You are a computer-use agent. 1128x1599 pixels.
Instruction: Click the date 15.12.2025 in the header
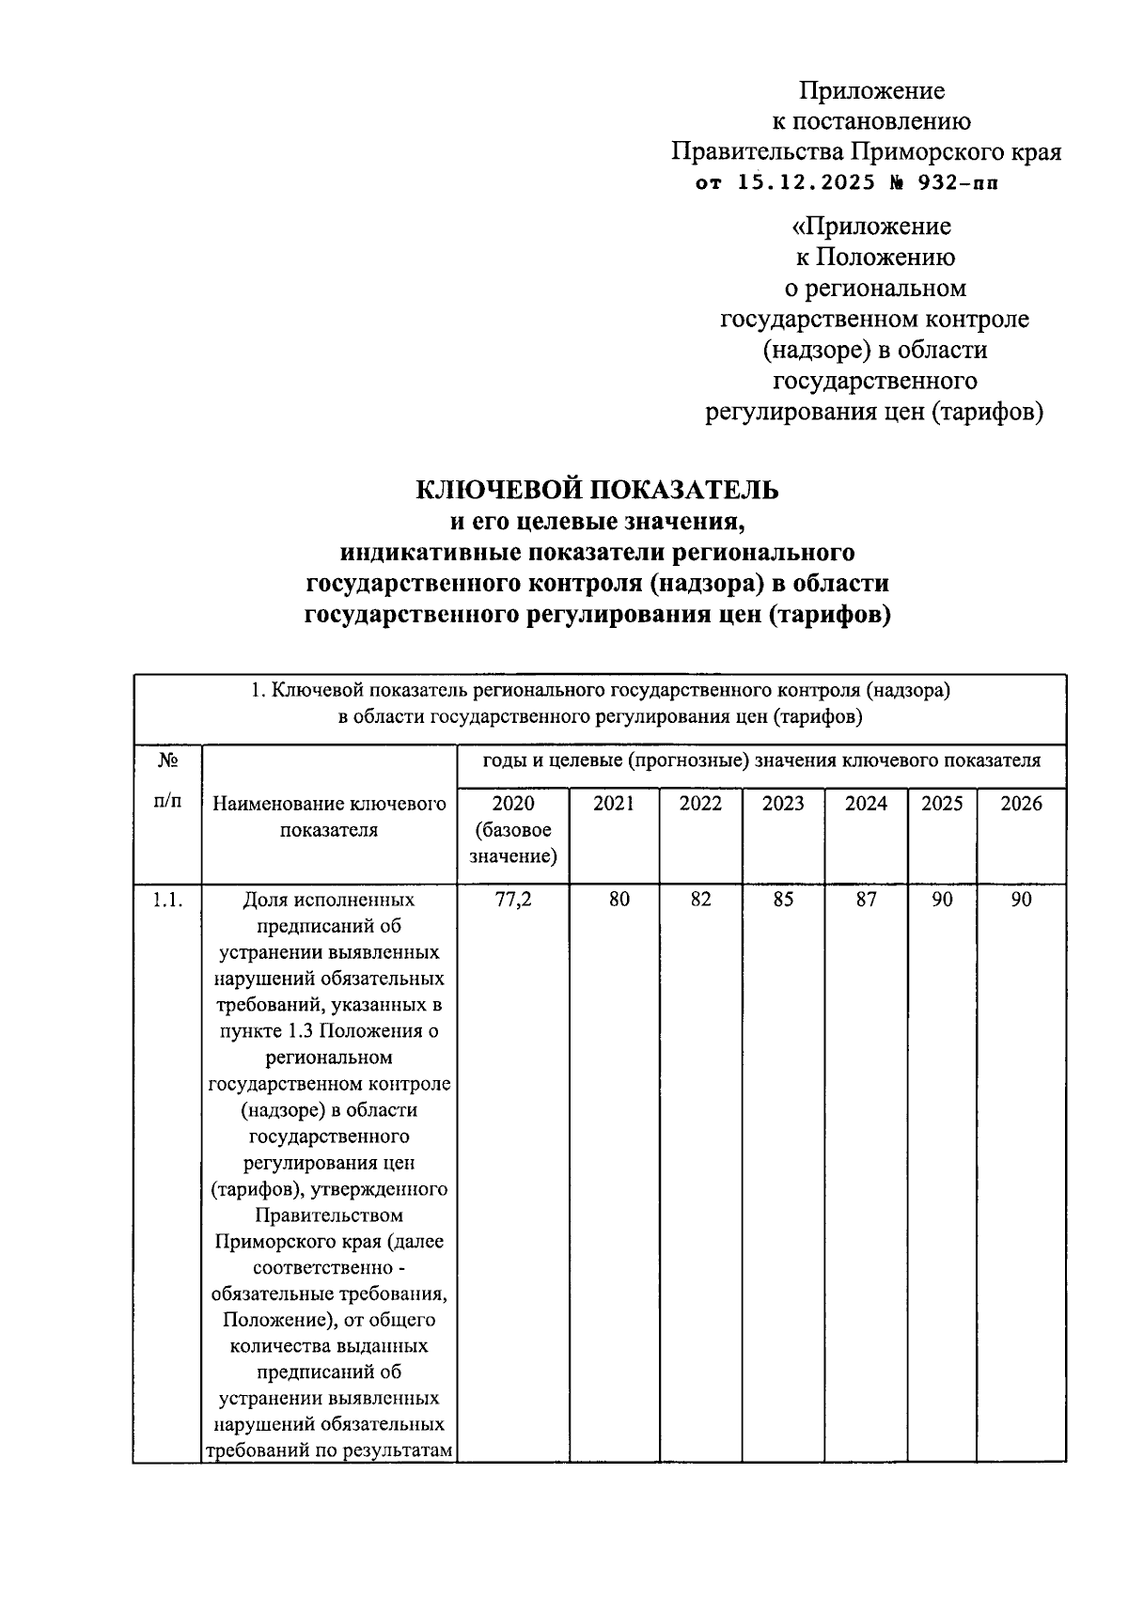pyautogui.click(x=799, y=183)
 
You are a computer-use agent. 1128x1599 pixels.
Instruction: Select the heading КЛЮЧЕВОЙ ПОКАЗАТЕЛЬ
pyautogui.click(x=598, y=490)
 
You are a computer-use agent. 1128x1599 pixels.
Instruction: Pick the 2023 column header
pyautogui.click(x=783, y=804)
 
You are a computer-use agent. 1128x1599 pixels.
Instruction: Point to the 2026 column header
pyautogui.click(x=1021, y=804)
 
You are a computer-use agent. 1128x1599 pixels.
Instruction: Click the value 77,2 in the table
pyautogui.click(x=513, y=900)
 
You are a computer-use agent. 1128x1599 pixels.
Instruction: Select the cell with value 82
pyautogui.click(x=700, y=900)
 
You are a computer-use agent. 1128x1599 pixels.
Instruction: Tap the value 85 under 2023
pyautogui.click(x=783, y=900)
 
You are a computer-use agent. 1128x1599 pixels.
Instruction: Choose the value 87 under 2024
pyautogui.click(x=866, y=900)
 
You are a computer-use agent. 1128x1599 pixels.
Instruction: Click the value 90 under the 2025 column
pyautogui.click(x=942, y=900)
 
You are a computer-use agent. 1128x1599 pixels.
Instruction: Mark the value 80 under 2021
pyautogui.click(x=619, y=900)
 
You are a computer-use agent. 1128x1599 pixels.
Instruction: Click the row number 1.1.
pyautogui.click(x=166, y=900)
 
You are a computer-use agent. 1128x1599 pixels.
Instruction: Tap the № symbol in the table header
pyautogui.click(x=166, y=759)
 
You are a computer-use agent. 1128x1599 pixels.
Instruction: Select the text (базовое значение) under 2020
pyautogui.click(x=513, y=843)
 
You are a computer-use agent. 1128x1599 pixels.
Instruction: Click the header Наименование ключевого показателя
pyautogui.click(x=329, y=817)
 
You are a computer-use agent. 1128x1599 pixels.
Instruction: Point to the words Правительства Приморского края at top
pyautogui.click(x=866, y=152)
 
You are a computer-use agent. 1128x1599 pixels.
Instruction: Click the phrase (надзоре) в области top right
pyautogui.click(x=874, y=350)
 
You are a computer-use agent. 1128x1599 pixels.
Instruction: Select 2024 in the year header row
pyautogui.click(x=866, y=804)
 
